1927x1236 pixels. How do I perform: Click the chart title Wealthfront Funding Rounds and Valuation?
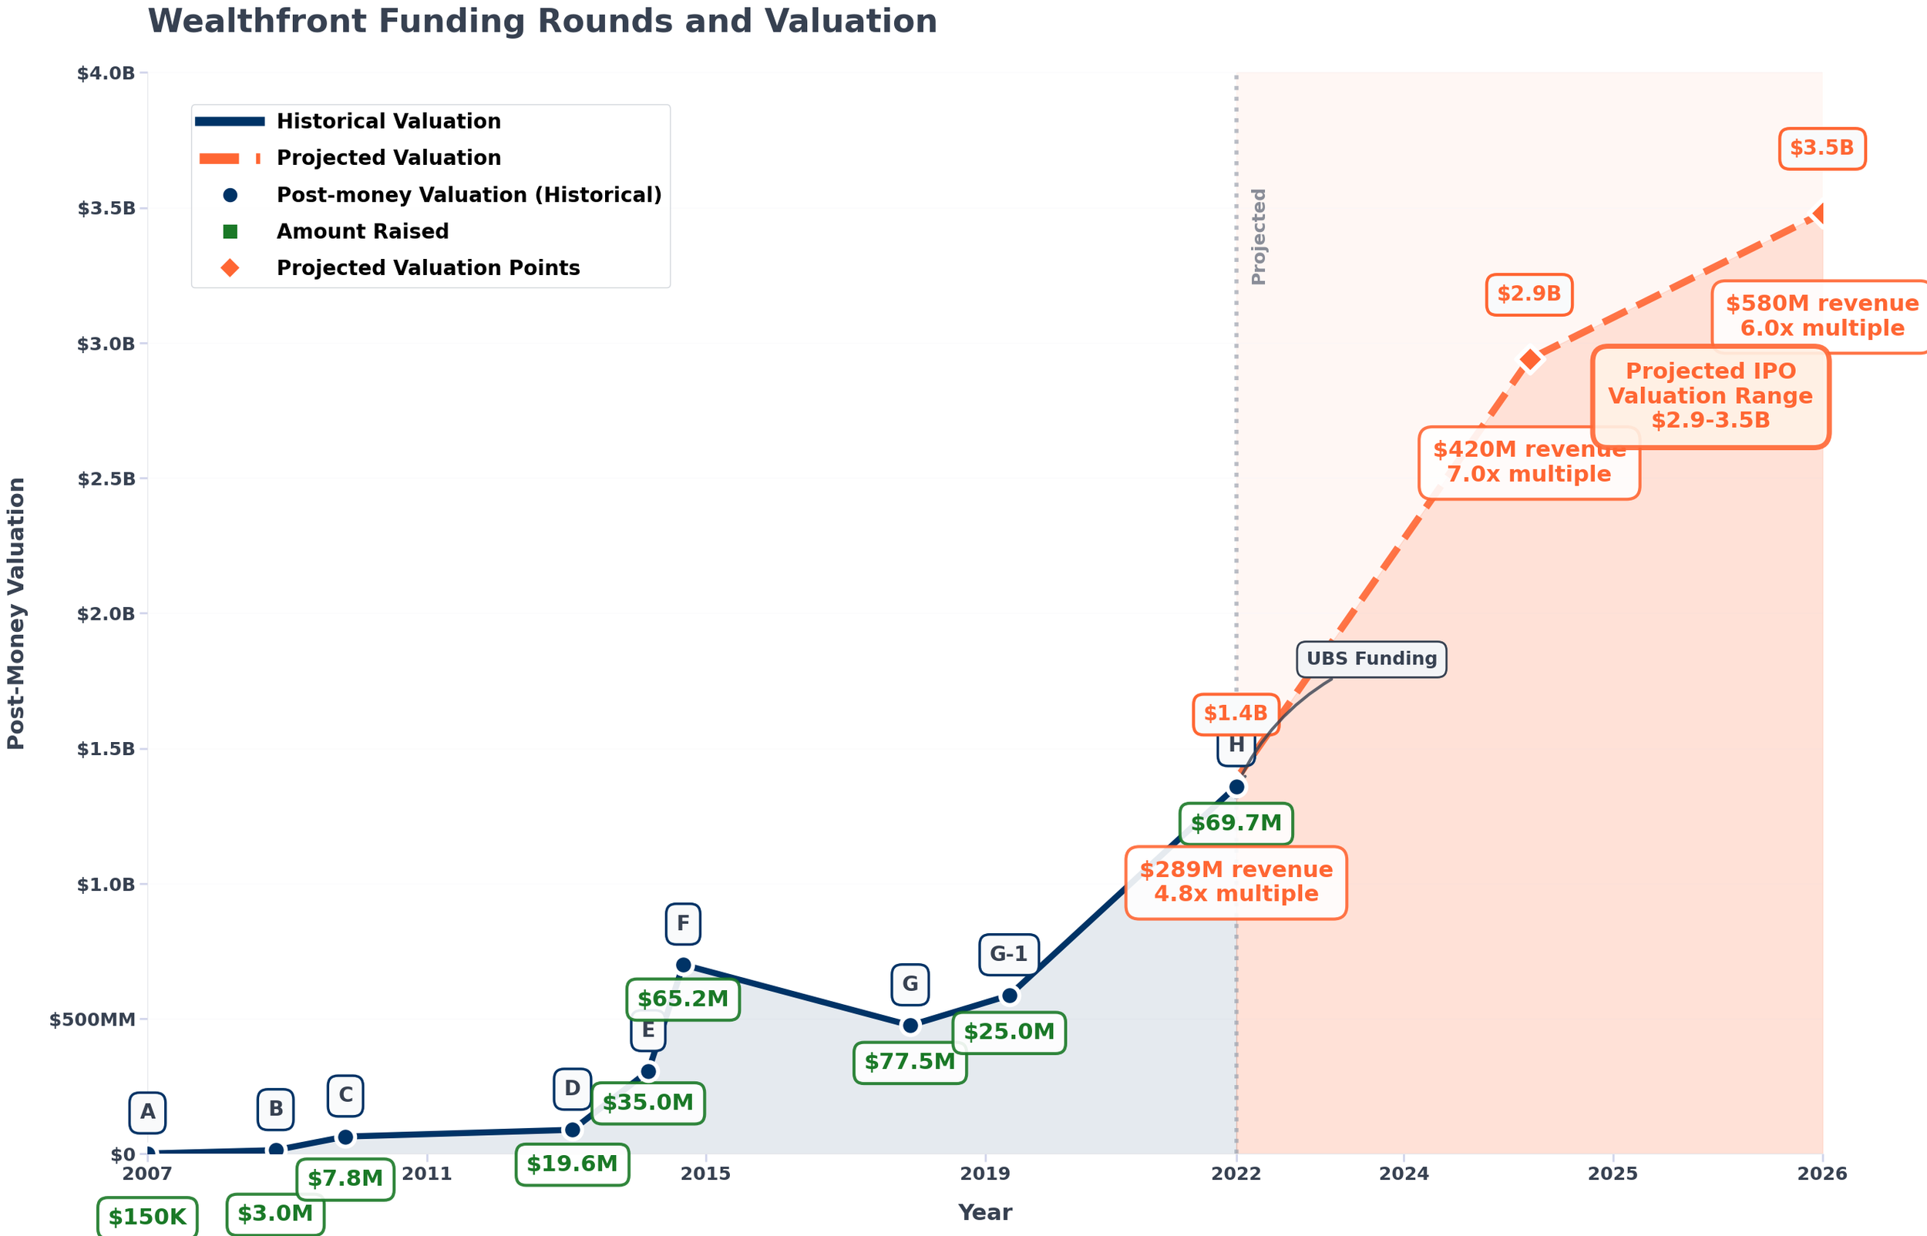point(542,21)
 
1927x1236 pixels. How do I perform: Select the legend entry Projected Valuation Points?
point(427,268)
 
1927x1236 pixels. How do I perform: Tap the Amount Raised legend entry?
point(362,232)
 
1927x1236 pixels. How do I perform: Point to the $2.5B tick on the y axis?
point(106,479)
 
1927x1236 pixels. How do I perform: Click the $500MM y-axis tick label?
point(92,1020)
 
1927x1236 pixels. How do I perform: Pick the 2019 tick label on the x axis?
point(985,1174)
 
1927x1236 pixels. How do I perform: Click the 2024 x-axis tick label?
point(1403,1174)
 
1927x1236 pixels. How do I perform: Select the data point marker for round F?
point(683,966)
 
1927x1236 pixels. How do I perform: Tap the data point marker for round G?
point(910,1026)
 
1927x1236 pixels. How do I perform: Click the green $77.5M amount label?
point(910,1063)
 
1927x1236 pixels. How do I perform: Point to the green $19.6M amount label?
point(571,1164)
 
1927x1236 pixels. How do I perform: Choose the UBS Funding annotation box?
point(1370,660)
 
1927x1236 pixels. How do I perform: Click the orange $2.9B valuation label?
point(1528,294)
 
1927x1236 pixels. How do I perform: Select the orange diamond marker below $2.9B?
point(1530,360)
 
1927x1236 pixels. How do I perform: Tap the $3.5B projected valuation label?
point(1821,149)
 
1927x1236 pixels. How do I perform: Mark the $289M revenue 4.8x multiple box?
point(1235,882)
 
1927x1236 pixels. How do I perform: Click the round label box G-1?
point(1008,954)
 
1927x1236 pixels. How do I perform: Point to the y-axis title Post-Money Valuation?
point(16,614)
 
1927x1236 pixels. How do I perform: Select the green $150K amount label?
point(147,1218)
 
